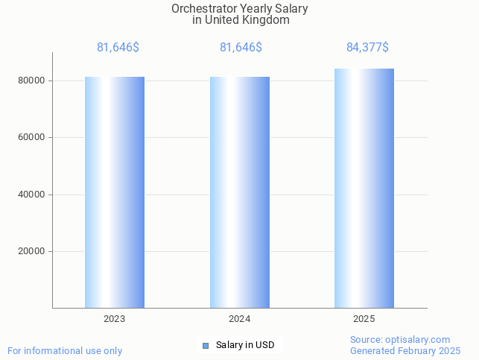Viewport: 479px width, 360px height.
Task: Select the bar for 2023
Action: click(115, 192)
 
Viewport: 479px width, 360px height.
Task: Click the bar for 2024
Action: click(240, 192)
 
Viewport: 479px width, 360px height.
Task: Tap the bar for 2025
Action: click(364, 188)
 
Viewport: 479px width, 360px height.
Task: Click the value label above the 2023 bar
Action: click(118, 48)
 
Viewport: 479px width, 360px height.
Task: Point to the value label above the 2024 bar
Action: click(241, 48)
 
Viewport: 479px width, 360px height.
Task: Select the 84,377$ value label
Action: click(367, 48)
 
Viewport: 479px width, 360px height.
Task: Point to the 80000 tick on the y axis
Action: click(34, 80)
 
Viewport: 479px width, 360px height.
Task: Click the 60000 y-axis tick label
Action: click(34, 137)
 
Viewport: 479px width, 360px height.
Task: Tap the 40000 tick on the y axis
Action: click(34, 195)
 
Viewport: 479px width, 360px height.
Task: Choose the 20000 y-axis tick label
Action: click(34, 251)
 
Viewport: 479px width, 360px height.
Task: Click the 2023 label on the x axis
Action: click(115, 319)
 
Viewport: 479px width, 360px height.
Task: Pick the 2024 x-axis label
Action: click(240, 319)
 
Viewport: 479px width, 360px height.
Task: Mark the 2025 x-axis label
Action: click(364, 319)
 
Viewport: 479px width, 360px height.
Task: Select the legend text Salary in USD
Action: click(245, 345)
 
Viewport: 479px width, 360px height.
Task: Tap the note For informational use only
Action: click(65, 350)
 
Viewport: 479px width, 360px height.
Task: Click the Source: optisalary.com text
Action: click(400, 340)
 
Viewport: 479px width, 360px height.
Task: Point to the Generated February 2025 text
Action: click(405, 350)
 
